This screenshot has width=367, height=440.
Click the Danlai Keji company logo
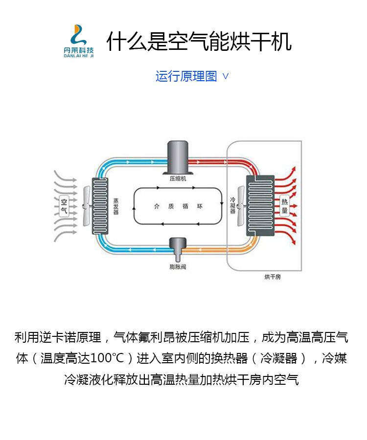coord(78,41)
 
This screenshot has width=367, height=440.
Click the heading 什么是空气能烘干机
coord(199,42)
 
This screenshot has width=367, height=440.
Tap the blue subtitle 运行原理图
coord(186,76)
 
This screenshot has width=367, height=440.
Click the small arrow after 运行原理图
coord(226,76)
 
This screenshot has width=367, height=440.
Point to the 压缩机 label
coord(178,179)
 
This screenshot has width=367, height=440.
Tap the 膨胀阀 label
coord(178,267)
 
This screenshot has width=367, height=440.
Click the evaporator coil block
coord(100,206)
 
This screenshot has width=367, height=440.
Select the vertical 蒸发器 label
coord(116,206)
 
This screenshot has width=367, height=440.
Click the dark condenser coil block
coord(260,206)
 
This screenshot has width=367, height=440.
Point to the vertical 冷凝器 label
coord(233,205)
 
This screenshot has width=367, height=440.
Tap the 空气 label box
coord(64,206)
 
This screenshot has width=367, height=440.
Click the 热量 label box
coord(284,206)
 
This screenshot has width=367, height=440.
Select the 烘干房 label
coord(273,277)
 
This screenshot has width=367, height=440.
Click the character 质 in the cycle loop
coord(171,206)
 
